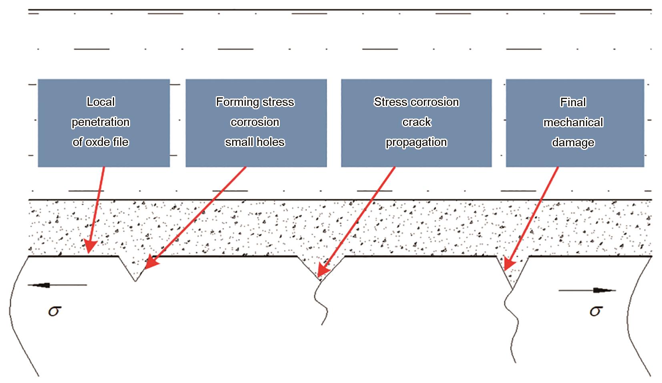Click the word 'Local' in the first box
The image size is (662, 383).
pyautogui.click(x=101, y=102)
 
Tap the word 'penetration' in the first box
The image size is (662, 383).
pyautogui.click(x=101, y=122)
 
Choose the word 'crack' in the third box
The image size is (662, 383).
pyautogui.click(x=417, y=122)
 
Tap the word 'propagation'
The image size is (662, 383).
pyautogui.click(x=416, y=143)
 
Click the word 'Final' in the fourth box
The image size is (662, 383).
pyautogui.click(x=573, y=102)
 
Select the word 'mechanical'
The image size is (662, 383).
pyautogui.click(x=573, y=123)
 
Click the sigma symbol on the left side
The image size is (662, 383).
pyautogui.click(x=55, y=311)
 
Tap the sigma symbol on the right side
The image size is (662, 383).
pyautogui.click(x=596, y=311)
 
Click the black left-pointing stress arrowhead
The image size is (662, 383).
pyautogui.click(x=41, y=285)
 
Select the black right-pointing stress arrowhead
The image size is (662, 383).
pyautogui.click(x=603, y=290)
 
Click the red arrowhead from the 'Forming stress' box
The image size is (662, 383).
pyautogui.click(x=151, y=263)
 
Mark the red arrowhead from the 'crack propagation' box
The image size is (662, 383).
pyautogui.click(x=323, y=270)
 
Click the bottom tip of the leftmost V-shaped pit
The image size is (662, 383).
pyautogui.click(x=135, y=281)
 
